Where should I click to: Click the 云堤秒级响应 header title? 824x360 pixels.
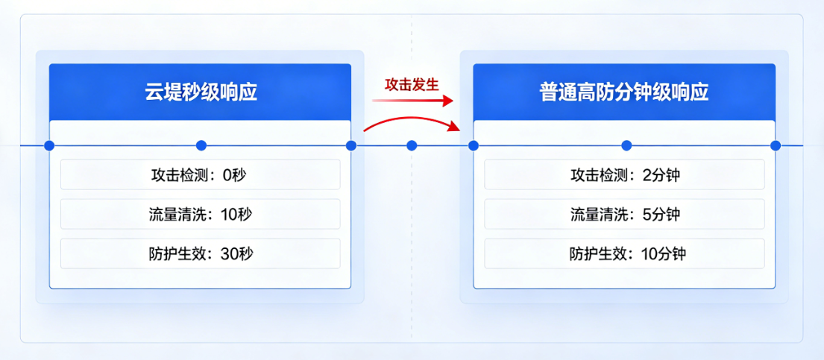200,92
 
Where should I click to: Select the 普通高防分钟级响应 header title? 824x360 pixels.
624,92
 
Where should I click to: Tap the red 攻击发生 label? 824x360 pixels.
412,83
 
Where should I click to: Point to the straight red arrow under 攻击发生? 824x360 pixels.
415,101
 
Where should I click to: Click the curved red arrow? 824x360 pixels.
415,121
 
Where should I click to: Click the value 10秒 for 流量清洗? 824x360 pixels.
237,215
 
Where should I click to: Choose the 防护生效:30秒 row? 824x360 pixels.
200,254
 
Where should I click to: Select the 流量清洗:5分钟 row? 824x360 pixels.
624,215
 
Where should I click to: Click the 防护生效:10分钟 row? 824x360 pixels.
624,254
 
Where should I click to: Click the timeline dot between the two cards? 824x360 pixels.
412,145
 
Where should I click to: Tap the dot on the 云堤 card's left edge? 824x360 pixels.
49,145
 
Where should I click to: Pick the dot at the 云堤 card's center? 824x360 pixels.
201,145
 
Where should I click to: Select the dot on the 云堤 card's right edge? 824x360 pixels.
351,145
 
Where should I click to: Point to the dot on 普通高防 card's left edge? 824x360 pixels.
473,145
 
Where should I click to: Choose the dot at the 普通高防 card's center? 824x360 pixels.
626,145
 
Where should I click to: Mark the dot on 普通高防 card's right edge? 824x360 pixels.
776,145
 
